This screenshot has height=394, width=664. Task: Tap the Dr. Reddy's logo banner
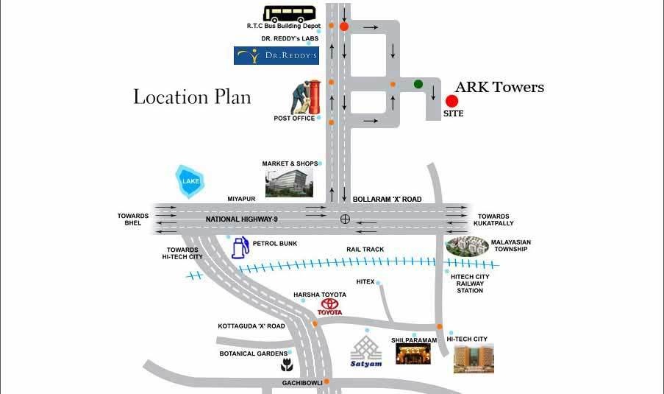(x=276, y=55)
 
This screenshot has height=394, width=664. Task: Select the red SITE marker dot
(x=452, y=101)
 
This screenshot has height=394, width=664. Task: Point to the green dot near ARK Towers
(x=418, y=84)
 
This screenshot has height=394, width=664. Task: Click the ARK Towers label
(x=499, y=87)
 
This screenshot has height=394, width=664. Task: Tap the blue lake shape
(x=189, y=180)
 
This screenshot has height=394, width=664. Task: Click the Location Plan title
(x=192, y=96)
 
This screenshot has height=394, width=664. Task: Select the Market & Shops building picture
(x=289, y=182)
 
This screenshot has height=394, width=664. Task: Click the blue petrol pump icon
(x=240, y=247)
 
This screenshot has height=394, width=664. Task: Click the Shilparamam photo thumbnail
(x=413, y=353)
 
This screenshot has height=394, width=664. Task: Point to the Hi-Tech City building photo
(x=474, y=358)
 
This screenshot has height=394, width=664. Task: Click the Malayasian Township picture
(x=467, y=246)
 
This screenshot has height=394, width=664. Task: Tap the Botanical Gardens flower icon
(x=285, y=365)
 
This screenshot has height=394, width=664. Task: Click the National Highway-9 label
(x=242, y=219)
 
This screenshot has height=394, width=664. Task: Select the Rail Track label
(x=365, y=250)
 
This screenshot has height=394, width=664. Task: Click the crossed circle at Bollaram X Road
(x=345, y=219)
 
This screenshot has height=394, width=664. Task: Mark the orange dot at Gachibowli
(x=328, y=381)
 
